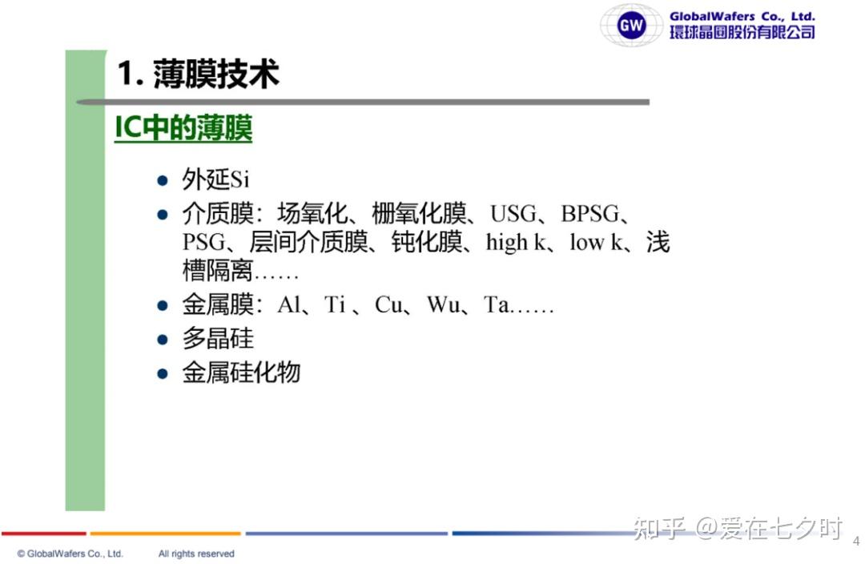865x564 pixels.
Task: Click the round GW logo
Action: (x=631, y=25)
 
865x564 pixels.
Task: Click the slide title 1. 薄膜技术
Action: (x=199, y=74)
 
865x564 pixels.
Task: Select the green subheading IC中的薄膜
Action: (x=183, y=128)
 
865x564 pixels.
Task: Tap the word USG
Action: (x=513, y=214)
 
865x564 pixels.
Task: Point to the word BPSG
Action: (x=589, y=214)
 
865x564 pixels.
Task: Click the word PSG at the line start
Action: (x=204, y=242)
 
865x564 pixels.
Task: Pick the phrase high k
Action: (x=516, y=242)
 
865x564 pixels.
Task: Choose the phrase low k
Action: (x=597, y=242)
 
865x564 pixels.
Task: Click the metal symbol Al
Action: (x=290, y=304)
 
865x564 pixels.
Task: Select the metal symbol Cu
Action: (x=388, y=304)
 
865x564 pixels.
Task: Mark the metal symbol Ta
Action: (x=497, y=304)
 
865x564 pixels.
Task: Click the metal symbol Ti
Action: (x=335, y=304)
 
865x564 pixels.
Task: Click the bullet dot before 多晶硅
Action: (x=162, y=340)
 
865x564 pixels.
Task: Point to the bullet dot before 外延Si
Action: (x=162, y=180)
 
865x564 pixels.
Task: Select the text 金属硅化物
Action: (x=241, y=373)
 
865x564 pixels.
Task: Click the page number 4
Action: (x=856, y=541)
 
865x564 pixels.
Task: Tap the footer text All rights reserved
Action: (x=196, y=554)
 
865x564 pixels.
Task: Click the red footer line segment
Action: (x=44, y=534)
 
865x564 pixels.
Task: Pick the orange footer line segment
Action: (x=166, y=534)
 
